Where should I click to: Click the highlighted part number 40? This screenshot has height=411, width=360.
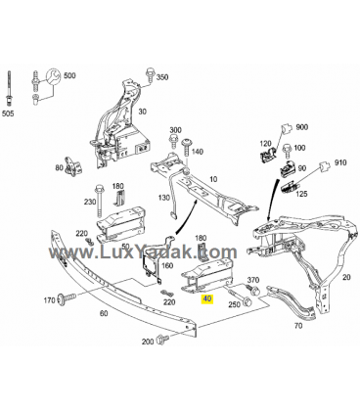207,298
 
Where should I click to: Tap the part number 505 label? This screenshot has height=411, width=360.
8,114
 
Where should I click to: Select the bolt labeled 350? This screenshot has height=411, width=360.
150,74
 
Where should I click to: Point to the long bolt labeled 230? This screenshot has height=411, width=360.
98,203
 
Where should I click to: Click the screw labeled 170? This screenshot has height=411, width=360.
67,297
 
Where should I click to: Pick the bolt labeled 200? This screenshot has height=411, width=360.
162,339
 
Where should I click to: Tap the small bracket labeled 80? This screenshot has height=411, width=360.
74,165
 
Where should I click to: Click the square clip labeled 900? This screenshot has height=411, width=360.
287,128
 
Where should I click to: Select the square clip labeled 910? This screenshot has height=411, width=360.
325,166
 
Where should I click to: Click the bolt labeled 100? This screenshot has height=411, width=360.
288,151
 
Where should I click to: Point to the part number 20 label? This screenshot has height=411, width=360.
346,277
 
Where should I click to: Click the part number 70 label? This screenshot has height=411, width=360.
298,325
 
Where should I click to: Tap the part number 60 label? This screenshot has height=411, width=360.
104,313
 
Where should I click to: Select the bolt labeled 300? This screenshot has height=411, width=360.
173,142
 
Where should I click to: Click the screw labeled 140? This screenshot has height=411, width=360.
189,148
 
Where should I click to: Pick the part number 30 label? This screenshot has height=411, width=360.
143,112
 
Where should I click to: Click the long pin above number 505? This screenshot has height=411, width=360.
9,88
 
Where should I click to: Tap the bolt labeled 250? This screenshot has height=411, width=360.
240,297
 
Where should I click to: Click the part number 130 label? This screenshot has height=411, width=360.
164,198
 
